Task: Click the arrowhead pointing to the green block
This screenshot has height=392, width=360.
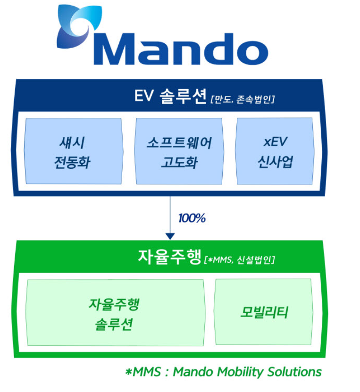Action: pos(170,235)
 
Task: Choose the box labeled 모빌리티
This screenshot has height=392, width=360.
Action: pos(264,312)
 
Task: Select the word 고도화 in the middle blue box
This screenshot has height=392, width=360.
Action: pos(179,163)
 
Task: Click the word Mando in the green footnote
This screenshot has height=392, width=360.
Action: pos(193,372)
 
